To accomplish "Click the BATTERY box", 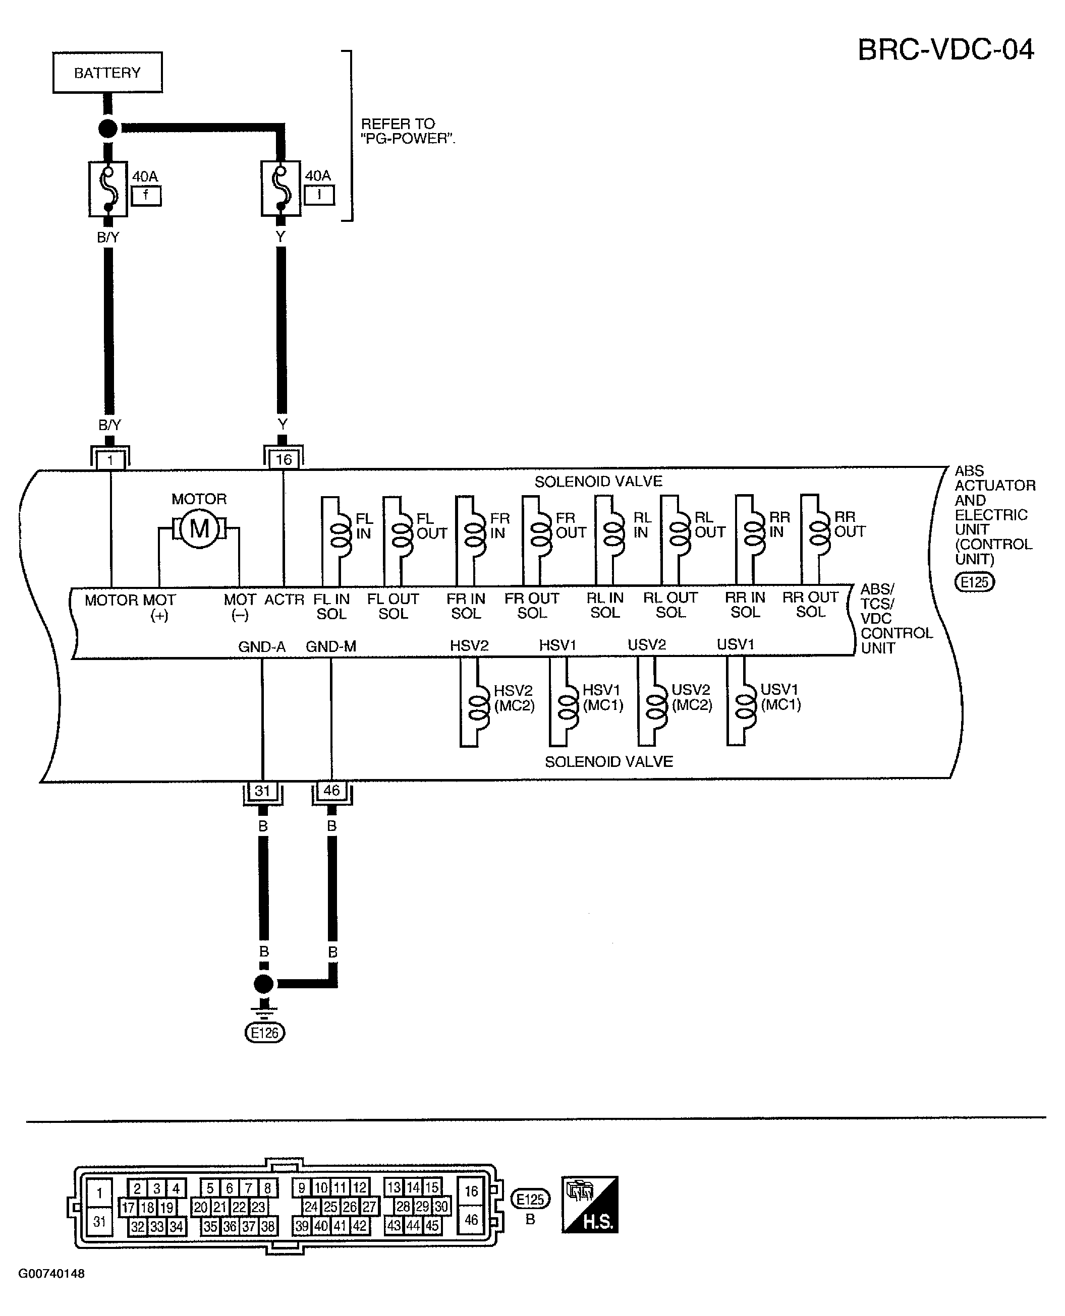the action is coord(107,73).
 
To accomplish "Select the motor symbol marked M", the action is coord(199,528).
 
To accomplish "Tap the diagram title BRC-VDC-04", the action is coord(945,50).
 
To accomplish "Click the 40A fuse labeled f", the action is coord(108,189).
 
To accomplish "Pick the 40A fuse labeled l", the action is coord(281,189).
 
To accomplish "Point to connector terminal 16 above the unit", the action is coord(284,459).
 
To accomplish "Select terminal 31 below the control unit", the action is coord(262,791).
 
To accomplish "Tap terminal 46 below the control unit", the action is coord(332,791).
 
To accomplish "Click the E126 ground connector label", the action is coord(265,1033).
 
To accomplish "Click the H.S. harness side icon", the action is coord(590,1205).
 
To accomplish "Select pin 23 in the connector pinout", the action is coord(258,1207).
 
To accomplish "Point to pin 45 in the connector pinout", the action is coord(432,1225).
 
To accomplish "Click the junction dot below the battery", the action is coord(108,129).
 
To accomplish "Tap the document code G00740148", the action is coord(51,1274).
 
